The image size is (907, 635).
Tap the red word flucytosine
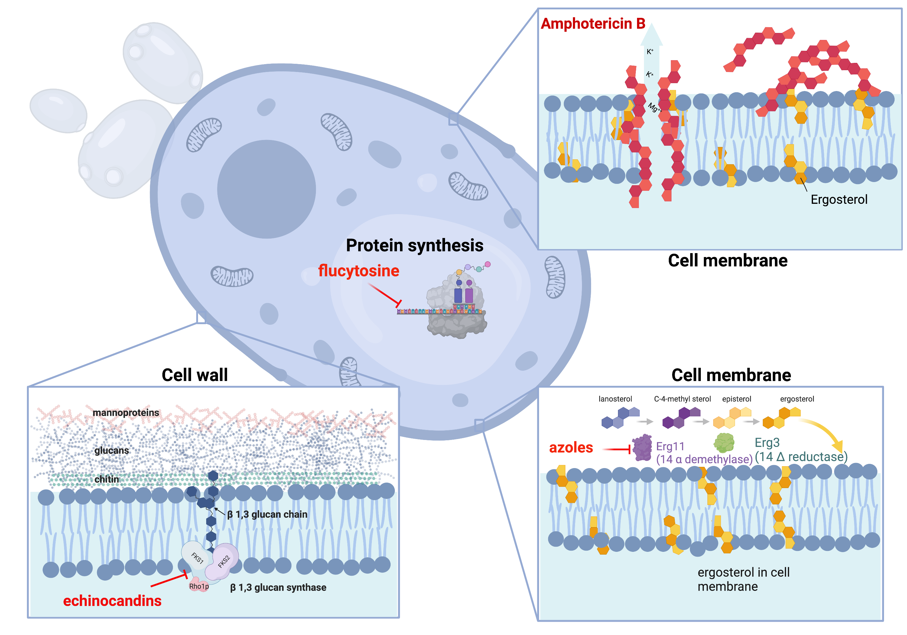pyautogui.click(x=358, y=271)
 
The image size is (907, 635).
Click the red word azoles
pyautogui.click(x=571, y=448)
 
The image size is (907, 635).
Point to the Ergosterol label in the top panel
pyautogui.click(x=839, y=200)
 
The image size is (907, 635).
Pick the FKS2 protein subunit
pyautogui.click(x=225, y=560)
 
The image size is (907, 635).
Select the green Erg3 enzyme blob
pyautogui.click(x=724, y=443)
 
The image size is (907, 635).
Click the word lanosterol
pyautogui.click(x=615, y=399)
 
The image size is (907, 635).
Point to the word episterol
pyautogui.click(x=736, y=399)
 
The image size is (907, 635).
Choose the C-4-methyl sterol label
pyautogui.click(x=682, y=399)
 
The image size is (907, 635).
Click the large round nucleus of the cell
pyautogui.click(x=266, y=189)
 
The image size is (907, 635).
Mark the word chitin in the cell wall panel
pyautogui.click(x=107, y=479)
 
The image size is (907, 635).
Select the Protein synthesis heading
pyautogui.click(x=414, y=246)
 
